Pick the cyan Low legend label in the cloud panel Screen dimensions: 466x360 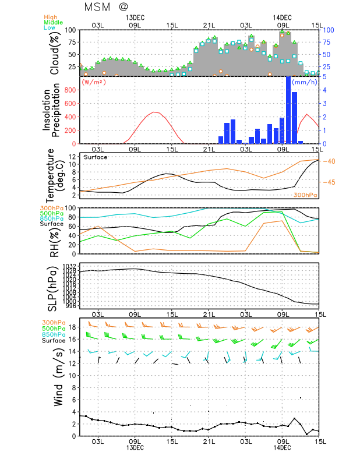point(52,28)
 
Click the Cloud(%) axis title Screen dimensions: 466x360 point(55,53)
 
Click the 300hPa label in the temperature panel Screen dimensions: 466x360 point(305,195)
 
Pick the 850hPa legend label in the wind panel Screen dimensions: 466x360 point(53,334)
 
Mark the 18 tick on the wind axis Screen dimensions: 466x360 point(73,327)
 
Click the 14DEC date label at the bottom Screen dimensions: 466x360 point(283,448)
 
